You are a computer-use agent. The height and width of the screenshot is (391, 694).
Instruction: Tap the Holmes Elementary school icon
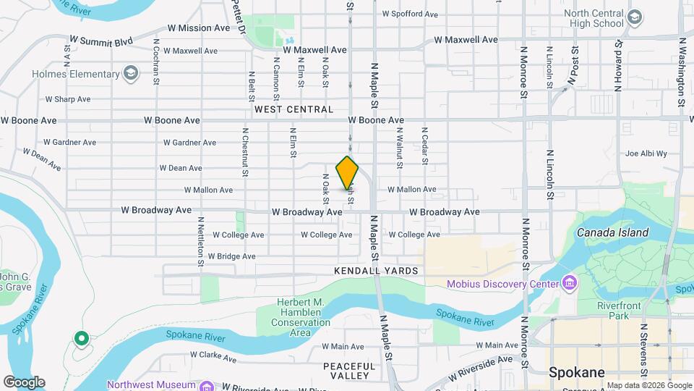pyautogui.click(x=131, y=73)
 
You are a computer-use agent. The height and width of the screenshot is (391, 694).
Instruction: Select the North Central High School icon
pyautogui.click(x=635, y=17)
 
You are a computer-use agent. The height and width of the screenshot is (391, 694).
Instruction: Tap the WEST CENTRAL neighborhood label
pyautogui.click(x=294, y=109)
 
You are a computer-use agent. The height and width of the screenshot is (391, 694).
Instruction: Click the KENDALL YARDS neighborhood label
pyautogui.click(x=376, y=270)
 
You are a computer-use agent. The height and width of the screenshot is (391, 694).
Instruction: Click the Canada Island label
pyautogui.click(x=612, y=232)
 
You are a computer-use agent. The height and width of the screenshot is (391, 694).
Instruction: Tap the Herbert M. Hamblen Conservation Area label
pyautogui.click(x=300, y=317)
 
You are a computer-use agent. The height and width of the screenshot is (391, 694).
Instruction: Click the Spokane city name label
pyautogui.click(x=576, y=373)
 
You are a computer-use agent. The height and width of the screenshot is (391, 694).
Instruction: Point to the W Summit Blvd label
pyautogui.click(x=101, y=42)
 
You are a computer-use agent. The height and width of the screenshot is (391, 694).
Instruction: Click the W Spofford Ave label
pyautogui.click(x=410, y=14)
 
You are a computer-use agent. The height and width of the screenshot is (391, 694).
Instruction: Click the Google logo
pyautogui.click(x=24, y=382)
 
